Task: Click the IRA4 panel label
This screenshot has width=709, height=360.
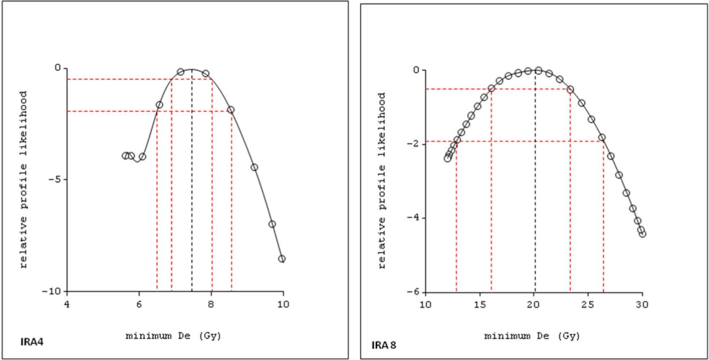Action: (32, 341)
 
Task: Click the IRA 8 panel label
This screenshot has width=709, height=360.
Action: (384, 345)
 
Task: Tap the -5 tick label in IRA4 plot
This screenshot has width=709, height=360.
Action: (56, 179)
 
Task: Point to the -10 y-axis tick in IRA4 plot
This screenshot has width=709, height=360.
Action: (52, 291)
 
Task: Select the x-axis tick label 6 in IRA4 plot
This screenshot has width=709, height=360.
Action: (139, 304)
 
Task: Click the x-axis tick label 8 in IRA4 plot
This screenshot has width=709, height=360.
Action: (211, 304)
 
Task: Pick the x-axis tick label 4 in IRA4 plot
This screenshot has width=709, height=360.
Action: (67, 304)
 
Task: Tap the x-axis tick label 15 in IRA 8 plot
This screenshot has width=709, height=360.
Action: (479, 304)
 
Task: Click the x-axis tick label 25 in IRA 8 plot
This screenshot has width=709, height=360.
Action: (588, 304)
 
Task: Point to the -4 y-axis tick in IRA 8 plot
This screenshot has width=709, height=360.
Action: (413, 217)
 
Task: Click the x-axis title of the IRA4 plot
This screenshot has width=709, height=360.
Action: (174, 336)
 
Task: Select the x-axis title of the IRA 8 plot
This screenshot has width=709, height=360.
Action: (532, 336)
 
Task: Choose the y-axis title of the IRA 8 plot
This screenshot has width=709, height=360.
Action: (382, 180)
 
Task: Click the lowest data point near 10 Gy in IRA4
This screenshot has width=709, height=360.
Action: (282, 259)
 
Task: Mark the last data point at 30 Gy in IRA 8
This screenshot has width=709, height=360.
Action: (642, 234)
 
